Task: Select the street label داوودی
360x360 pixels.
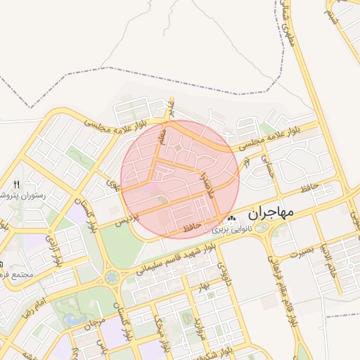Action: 222,271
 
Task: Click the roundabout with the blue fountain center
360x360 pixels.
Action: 112,278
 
